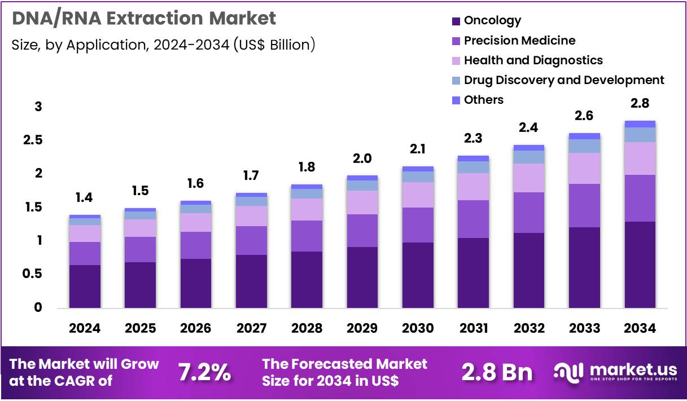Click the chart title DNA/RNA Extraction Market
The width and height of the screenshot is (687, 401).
coord(144,19)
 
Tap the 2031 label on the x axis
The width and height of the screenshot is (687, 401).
coord(472,328)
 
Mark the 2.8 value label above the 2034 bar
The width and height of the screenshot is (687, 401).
coord(640,103)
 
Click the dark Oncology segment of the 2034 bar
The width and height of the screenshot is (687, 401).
coord(640,265)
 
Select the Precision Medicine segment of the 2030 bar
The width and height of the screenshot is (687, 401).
coord(417,224)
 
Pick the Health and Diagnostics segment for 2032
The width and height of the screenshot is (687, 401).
coord(528,178)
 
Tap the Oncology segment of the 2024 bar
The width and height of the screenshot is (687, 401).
coord(84,286)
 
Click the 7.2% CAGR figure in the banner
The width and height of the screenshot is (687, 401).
coord(204,372)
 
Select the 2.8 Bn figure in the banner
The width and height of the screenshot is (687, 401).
coord(497,372)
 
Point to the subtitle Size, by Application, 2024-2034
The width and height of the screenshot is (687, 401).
coord(163,45)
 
